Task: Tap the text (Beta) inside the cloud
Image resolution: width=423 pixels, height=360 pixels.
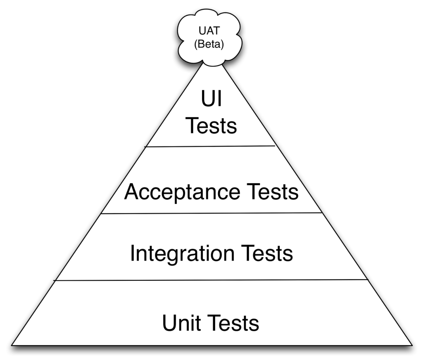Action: point(209,44)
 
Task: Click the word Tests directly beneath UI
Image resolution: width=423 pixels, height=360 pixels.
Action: point(211,126)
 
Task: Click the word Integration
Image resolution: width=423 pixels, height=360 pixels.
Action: point(185,253)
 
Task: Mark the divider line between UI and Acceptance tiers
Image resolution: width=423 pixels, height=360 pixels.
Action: point(211,146)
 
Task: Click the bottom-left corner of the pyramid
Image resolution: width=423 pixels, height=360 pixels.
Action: point(12,345)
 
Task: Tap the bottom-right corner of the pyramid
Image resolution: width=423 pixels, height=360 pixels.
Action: point(412,345)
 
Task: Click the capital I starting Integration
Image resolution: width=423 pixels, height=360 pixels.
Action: point(133,253)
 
